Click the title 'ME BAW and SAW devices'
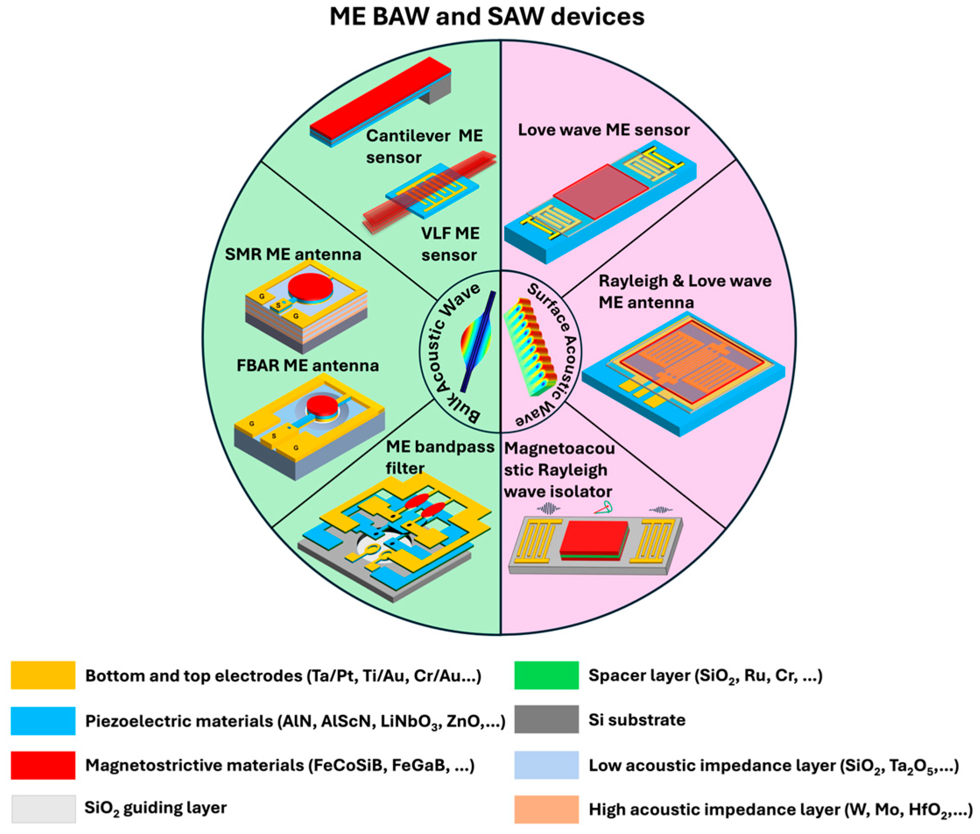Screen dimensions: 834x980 487,17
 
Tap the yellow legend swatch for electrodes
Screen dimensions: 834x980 42,675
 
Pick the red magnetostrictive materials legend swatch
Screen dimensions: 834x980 42,764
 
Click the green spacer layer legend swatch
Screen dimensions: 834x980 546,675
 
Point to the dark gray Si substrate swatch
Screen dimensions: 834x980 546,719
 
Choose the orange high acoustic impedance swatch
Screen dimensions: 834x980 546,809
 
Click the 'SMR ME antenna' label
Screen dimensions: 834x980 292,254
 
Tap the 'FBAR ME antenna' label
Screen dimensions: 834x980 307,365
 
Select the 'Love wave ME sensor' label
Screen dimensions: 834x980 604,130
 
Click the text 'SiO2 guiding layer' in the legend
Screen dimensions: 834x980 155,808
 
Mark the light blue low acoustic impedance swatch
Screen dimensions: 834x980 546,764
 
